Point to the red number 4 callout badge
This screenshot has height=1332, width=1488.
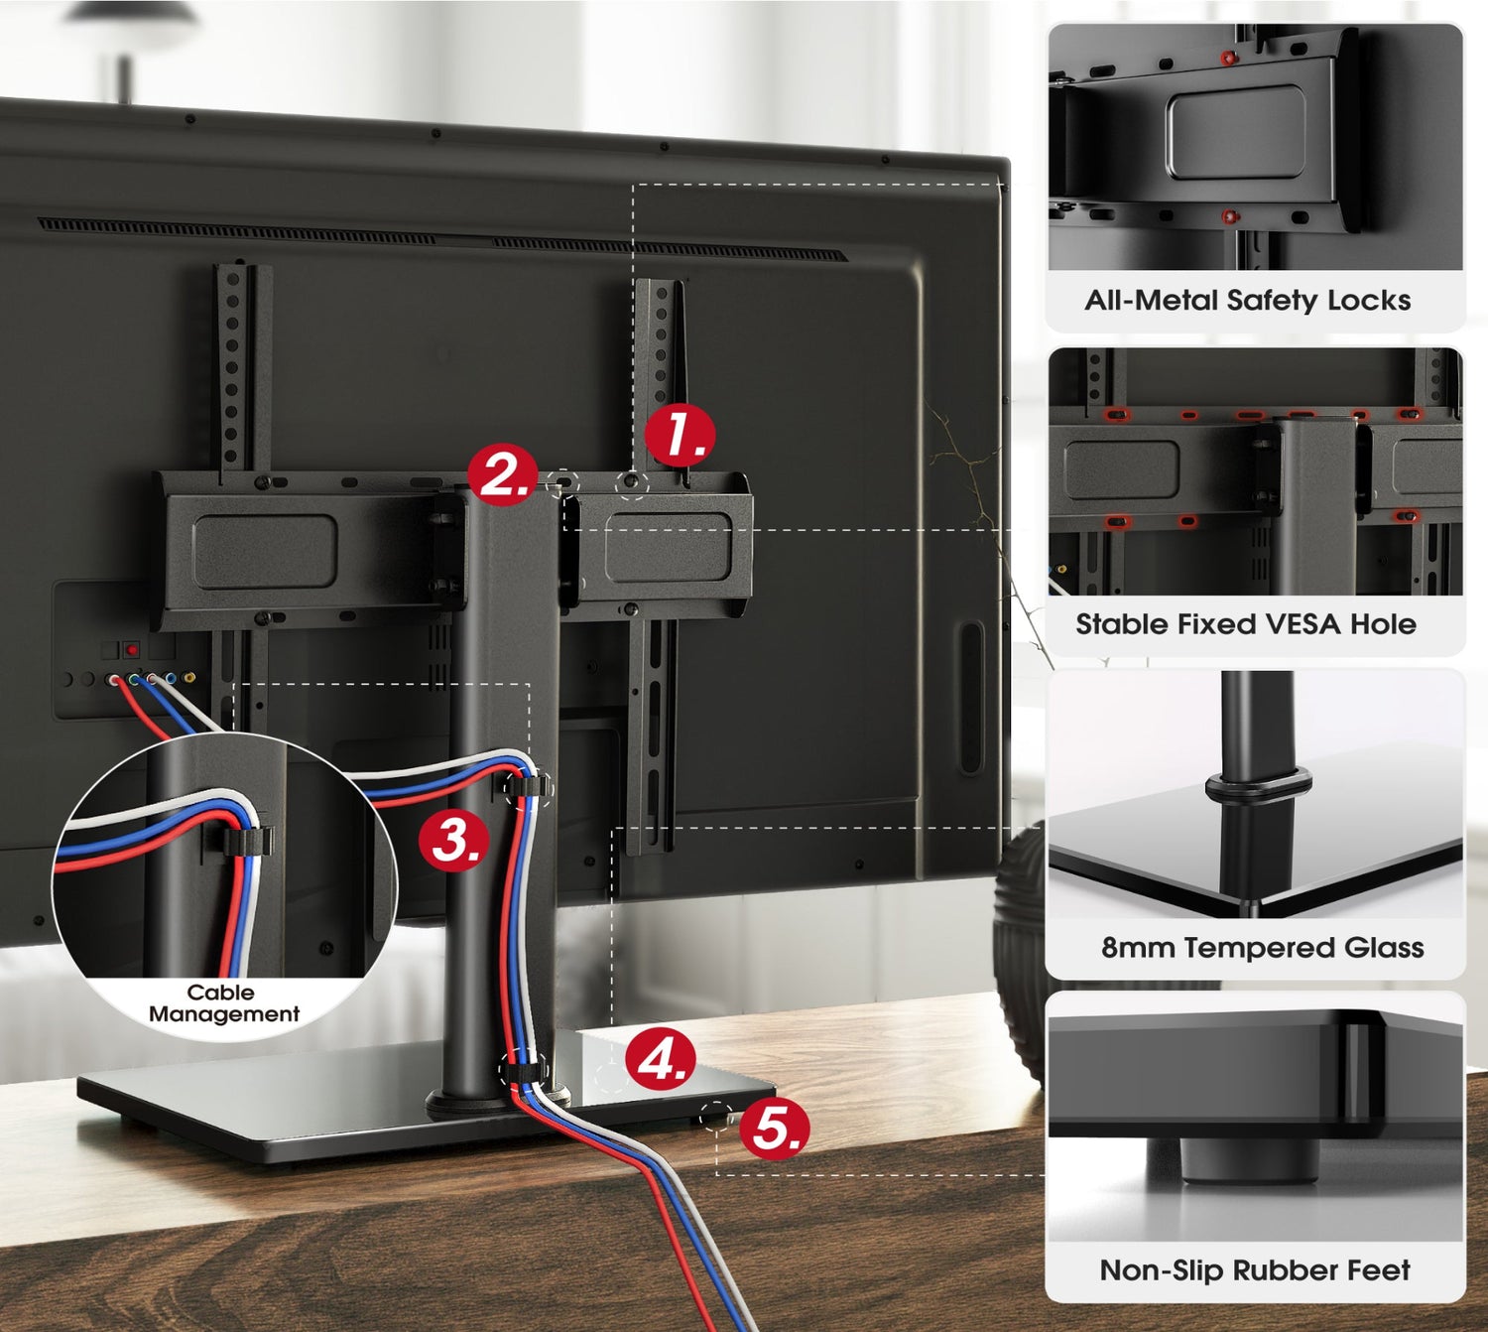tap(660, 1059)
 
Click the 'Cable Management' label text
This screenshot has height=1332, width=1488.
tap(223, 1003)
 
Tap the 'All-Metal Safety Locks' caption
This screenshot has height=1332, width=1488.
tap(1247, 300)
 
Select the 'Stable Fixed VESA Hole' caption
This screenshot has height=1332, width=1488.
tap(1246, 623)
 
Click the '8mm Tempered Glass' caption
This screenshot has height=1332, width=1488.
tap(1262, 947)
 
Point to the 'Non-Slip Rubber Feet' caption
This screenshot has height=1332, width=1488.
tap(1255, 1269)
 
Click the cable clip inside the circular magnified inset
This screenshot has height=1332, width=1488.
tap(245, 842)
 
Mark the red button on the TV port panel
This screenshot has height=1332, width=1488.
tap(132, 651)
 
